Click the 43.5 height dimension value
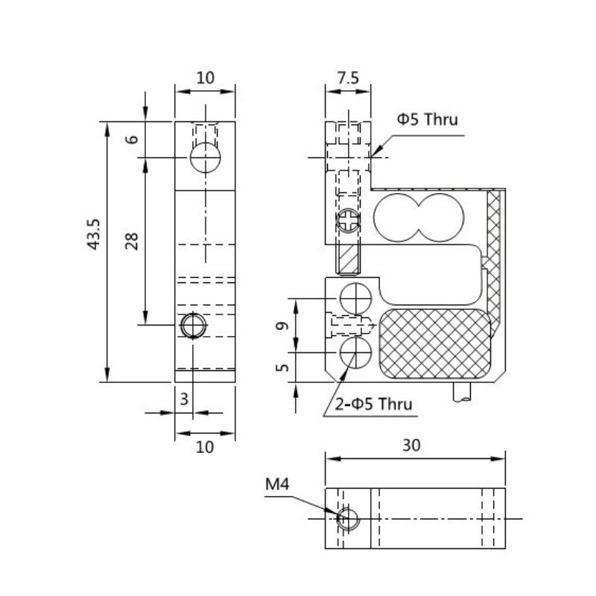[94, 234]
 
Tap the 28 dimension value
[133, 240]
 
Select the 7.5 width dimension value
[348, 77]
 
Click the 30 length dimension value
[412, 446]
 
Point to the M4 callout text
[276, 485]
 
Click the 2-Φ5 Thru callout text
[373, 405]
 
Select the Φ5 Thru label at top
[427, 119]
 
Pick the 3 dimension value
[184, 400]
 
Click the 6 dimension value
[133, 139]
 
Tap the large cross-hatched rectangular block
[435, 344]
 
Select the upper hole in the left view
[205, 157]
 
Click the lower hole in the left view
[194, 326]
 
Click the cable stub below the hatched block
[462, 393]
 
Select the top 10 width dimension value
[205, 77]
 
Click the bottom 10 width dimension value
[205, 446]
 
